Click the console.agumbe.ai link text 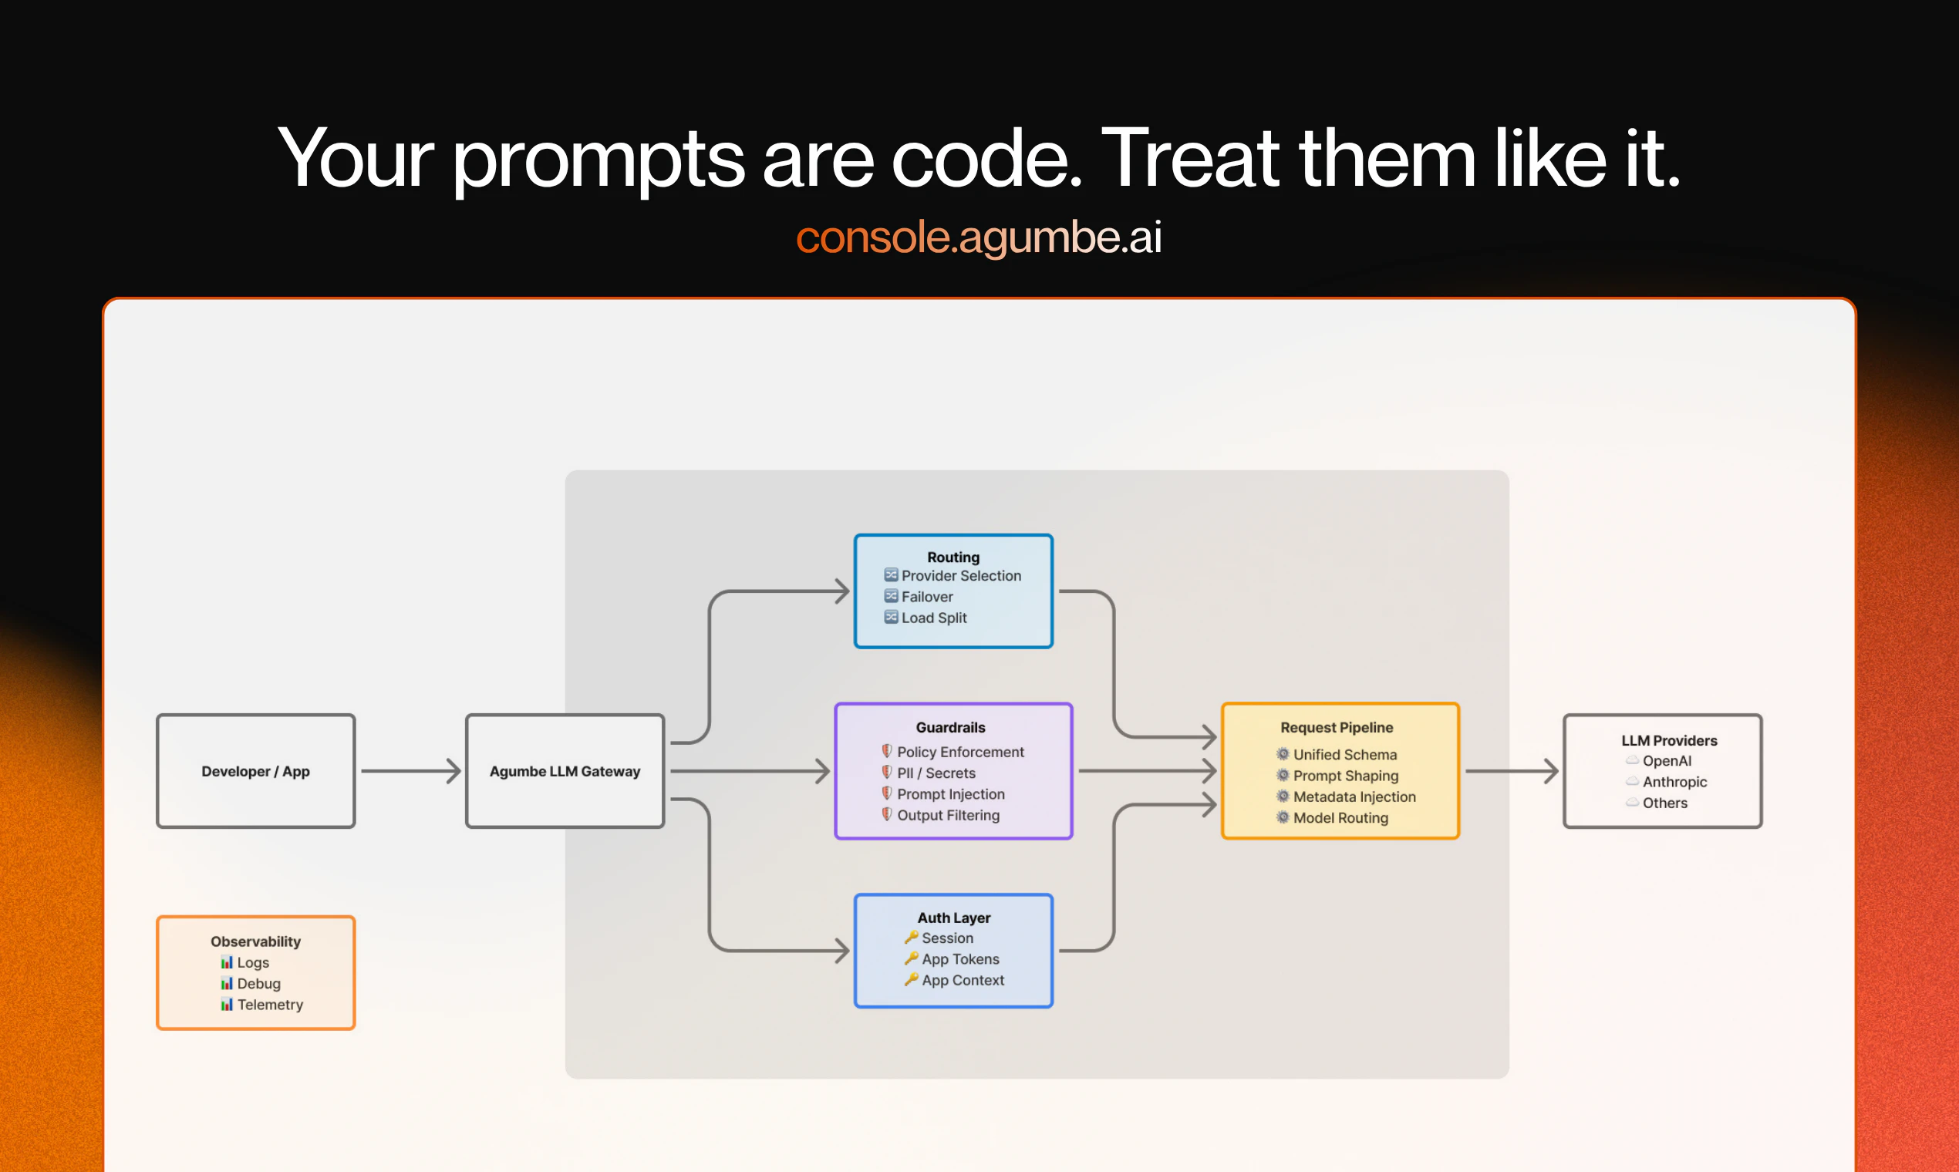tap(979, 237)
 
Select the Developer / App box tap(256, 771)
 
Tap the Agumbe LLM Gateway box tap(565, 771)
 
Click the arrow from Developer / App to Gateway tap(411, 771)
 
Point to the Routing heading tap(953, 557)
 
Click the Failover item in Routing tap(927, 597)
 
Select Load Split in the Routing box tap(935, 618)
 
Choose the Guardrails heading tap(951, 727)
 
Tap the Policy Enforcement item tap(960, 752)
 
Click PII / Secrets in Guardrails tap(936, 773)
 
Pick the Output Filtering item tap(949, 815)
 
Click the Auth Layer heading tap(954, 918)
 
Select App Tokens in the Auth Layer tap(960, 958)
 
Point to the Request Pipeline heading tap(1337, 727)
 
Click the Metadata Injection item tap(1354, 796)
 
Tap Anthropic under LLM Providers tap(1674, 782)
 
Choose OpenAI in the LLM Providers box tap(1667, 760)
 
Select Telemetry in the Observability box tap(270, 1005)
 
